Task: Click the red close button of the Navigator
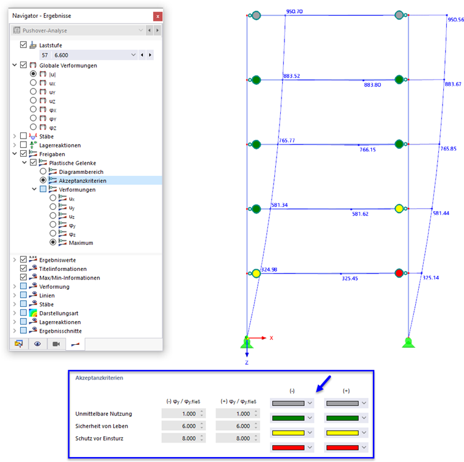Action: [158, 16]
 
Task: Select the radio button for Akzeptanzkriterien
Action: [43, 180]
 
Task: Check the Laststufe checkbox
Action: [23, 45]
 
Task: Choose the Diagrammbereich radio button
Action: [43, 171]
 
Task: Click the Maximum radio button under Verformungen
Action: [53, 242]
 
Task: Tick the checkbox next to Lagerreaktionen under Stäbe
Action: [23, 145]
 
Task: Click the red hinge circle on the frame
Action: [399, 273]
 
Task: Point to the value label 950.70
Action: [294, 12]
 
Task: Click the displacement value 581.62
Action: [360, 214]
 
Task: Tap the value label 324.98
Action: [269, 270]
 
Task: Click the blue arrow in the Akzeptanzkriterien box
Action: [323, 384]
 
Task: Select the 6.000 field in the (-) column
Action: [184, 426]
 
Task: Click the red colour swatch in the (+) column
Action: [343, 448]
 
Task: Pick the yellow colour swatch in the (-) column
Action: [288, 433]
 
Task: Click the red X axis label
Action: [271, 338]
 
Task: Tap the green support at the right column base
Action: [408, 343]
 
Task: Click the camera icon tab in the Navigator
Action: [56, 344]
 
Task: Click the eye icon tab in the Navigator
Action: [37, 344]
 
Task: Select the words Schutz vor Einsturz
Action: [99, 438]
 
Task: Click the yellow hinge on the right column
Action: [399, 209]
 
